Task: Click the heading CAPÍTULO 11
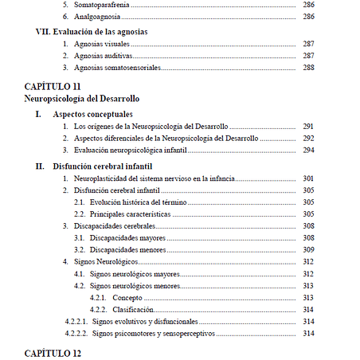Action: pyautogui.click(x=53, y=85)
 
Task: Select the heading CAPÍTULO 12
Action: pyautogui.click(x=53, y=351)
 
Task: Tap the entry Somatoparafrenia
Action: pyautogui.click(x=100, y=4)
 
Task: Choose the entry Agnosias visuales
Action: pyautogui.click(x=100, y=45)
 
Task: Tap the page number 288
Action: pyautogui.click(x=309, y=69)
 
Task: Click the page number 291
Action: pyautogui.click(x=309, y=127)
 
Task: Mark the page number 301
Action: pyautogui.click(x=309, y=178)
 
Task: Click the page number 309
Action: pyautogui.click(x=309, y=250)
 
